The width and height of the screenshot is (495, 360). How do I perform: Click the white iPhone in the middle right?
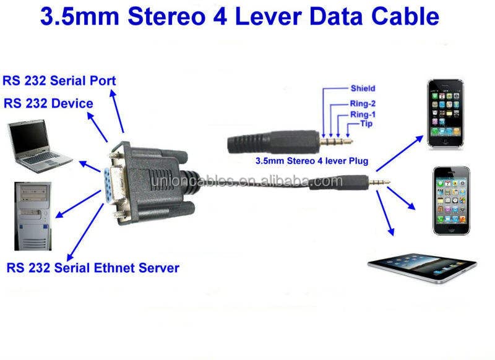point(451,200)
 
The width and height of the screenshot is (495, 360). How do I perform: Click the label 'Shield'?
point(363,88)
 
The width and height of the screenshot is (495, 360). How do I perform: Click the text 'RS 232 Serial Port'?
point(59,80)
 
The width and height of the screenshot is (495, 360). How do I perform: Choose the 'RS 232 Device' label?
point(48,103)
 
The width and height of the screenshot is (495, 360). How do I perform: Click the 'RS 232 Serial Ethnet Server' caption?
point(93,268)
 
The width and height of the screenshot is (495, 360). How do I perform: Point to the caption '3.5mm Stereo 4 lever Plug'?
point(312,161)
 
